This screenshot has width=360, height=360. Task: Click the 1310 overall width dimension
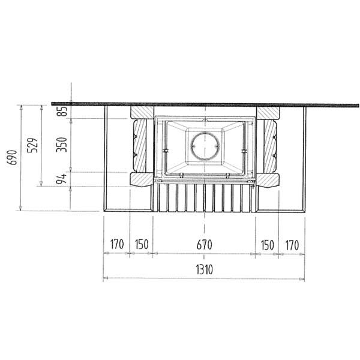point(205,269)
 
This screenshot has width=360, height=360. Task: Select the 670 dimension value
point(205,245)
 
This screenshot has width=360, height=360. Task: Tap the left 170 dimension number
point(117,244)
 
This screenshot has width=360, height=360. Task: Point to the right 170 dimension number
point(292,245)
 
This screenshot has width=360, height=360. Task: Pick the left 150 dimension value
point(142,244)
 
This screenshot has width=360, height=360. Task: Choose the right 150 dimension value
point(268,245)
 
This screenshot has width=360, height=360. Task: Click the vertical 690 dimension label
point(12,157)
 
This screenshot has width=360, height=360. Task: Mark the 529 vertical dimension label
point(32,145)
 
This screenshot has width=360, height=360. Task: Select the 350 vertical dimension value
point(62,145)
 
